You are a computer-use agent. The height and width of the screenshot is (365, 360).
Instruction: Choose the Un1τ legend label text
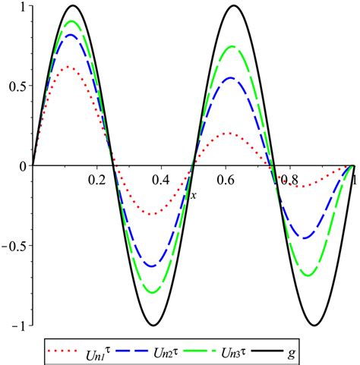[106, 351]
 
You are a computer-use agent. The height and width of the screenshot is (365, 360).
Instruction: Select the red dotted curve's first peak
[71, 67]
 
